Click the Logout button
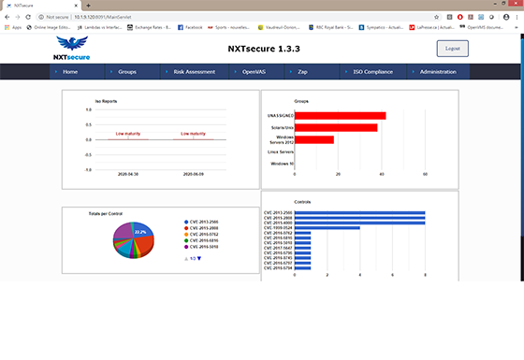point(452,50)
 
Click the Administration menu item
point(438,72)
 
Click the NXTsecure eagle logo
point(73,47)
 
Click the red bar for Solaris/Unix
point(336,127)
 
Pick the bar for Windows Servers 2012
point(314,139)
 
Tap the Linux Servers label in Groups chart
point(281,151)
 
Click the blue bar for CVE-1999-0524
point(327,227)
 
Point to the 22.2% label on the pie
point(140,230)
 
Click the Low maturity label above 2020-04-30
point(128,134)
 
